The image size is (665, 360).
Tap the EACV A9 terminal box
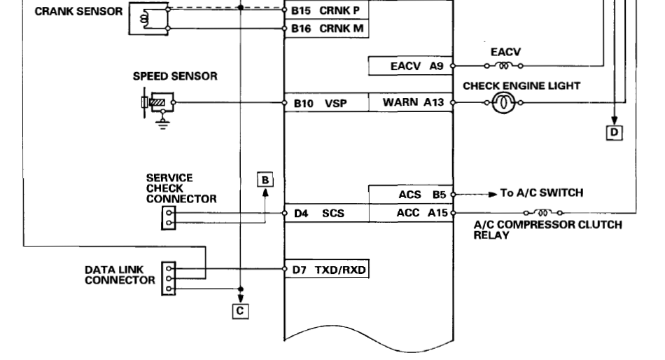[x=412, y=67]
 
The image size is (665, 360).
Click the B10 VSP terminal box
[x=325, y=103]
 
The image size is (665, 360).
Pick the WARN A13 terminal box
[x=412, y=103]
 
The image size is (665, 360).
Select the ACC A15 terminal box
[x=412, y=213]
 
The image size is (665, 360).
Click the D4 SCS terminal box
[x=325, y=213]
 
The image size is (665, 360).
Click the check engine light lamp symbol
[x=503, y=103]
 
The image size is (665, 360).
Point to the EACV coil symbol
[x=503, y=67]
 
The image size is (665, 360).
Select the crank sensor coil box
[x=149, y=20]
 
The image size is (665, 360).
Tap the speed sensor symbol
[x=157, y=104]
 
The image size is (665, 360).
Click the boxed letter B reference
[x=265, y=179]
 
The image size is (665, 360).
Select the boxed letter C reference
[x=240, y=308]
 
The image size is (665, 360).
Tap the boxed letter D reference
[x=615, y=131]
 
